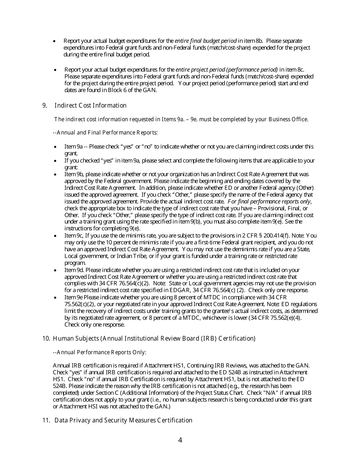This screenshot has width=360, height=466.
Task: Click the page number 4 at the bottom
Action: tap(180, 440)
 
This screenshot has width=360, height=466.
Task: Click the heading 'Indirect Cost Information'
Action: tap(91, 105)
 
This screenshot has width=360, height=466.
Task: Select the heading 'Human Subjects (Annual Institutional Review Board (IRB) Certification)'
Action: tap(154, 338)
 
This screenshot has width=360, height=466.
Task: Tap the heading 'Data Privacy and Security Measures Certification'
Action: tap(123, 420)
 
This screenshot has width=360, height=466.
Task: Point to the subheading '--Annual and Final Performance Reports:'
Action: tap(105, 133)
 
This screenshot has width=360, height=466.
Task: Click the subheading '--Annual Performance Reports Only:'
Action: tap(99, 352)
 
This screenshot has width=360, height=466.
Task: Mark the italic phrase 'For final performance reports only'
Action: tap(269, 202)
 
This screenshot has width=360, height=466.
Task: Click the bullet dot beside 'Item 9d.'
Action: tap(56, 271)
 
